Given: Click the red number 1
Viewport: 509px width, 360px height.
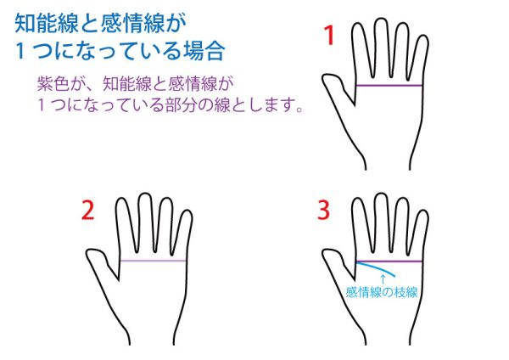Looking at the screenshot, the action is click(x=329, y=36).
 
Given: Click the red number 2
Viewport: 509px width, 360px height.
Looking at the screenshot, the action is click(x=88, y=210).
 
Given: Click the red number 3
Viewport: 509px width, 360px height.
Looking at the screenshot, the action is click(x=323, y=210).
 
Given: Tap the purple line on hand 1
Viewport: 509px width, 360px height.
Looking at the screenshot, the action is click(x=389, y=86).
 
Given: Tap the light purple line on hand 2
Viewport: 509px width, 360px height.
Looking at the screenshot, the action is click(x=153, y=261).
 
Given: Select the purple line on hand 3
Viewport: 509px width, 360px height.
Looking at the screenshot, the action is click(x=389, y=261).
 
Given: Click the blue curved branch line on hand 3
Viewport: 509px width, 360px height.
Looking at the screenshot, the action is click(x=377, y=267).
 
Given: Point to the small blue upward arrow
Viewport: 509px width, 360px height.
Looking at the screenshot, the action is click(x=383, y=279).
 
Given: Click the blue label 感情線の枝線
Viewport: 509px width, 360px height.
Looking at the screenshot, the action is click(x=382, y=292).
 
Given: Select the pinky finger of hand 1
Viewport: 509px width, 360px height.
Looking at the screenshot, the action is click(x=421, y=59).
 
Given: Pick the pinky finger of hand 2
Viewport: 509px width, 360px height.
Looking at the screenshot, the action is click(x=185, y=233).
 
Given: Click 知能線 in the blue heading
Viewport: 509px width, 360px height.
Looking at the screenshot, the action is click(x=47, y=24).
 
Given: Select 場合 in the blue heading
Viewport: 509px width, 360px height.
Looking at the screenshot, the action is click(x=204, y=50).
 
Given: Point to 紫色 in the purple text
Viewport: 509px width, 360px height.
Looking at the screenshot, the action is click(x=53, y=83).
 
